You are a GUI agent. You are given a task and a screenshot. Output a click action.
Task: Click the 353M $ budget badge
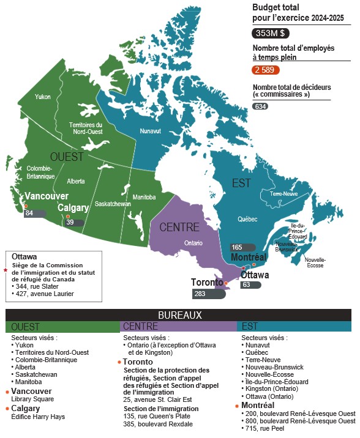pyautogui.click(x=272, y=34)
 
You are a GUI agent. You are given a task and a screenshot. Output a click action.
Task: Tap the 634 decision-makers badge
pyautogui.click(x=260, y=106)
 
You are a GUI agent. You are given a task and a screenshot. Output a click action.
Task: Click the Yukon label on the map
pyautogui.click(x=43, y=97)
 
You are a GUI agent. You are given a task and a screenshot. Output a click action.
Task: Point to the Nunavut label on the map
pyautogui.click(x=150, y=131)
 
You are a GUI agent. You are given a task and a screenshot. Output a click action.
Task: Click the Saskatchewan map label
pyautogui.click(x=113, y=204)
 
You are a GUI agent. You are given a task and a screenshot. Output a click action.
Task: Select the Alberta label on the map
pyautogui.click(x=76, y=181)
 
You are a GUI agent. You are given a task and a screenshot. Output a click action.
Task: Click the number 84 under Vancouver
pyautogui.click(x=29, y=213)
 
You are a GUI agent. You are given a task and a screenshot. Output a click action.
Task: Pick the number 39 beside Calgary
pyautogui.click(x=70, y=223)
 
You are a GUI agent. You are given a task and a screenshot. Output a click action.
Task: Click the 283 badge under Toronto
pyautogui.click(x=200, y=294)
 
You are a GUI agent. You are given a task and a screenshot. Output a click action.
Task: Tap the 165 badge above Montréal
pyautogui.click(x=237, y=247)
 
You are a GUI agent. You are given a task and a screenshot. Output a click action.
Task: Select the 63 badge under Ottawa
pyautogui.click(x=246, y=284)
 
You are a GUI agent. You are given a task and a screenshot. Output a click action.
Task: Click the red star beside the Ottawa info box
pyautogui.click(x=6, y=269)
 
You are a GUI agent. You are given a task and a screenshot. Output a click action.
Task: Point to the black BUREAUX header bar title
pyautogui.click(x=180, y=315)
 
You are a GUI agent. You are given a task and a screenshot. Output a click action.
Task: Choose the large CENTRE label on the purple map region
pyautogui.click(x=179, y=228)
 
